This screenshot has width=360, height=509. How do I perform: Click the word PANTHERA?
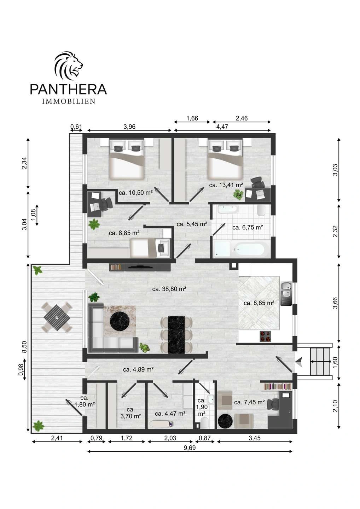point(68,89)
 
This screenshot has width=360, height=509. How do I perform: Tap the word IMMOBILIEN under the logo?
point(69,101)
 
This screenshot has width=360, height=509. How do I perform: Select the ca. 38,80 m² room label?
point(169,289)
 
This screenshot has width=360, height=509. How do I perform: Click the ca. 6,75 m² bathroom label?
point(248,227)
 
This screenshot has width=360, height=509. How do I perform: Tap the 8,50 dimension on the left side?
point(24,347)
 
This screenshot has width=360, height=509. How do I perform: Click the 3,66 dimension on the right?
point(335,303)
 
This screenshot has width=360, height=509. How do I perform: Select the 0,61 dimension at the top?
point(76,126)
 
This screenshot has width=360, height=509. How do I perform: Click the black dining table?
point(176,335)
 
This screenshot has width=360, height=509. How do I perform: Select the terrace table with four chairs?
point(57,317)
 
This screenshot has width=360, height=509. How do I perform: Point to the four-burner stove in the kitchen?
point(266,336)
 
